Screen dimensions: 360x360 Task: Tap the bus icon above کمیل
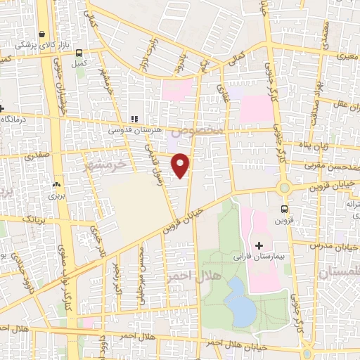tap(79, 53)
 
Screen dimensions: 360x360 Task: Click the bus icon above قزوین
tap(285, 209)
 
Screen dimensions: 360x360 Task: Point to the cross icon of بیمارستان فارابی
tap(259, 245)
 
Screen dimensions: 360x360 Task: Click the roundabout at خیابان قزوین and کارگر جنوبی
tap(285, 188)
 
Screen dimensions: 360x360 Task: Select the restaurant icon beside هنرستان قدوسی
tap(134, 119)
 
